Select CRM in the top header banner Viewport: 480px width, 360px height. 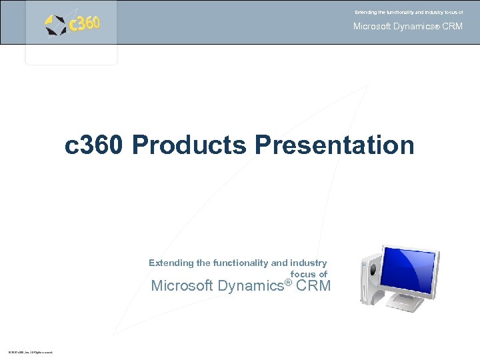click(x=452, y=27)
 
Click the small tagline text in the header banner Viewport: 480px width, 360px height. click(x=408, y=12)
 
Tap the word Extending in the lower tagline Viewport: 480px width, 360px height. click(x=171, y=263)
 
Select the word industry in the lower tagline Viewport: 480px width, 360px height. click(x=308, y=263)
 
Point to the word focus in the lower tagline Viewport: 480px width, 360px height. click(x=303, y=274)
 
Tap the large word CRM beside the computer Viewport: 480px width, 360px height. click(x=313, y=286)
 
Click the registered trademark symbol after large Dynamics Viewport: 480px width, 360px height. click(x=288, y=281)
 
